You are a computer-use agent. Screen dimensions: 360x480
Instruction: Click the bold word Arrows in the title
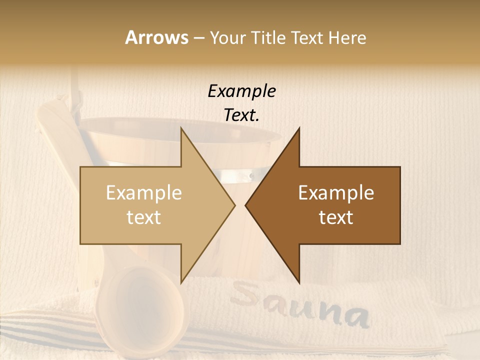click(x=156, y=37)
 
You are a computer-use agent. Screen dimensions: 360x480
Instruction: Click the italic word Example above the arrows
click(x=241, y=91)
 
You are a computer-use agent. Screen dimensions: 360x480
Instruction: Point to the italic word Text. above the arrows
click(x=241, y=115)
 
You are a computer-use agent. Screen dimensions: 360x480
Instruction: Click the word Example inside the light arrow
click(x=144, y=193)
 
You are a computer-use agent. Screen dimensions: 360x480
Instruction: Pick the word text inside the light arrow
click(x=144, y=217)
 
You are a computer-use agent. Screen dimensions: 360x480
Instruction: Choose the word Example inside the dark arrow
click(x=336, y=193)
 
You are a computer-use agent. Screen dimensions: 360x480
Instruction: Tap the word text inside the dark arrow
click(x=336, y=217)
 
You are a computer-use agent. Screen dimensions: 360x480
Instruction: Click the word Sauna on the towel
click(x=300, y=307)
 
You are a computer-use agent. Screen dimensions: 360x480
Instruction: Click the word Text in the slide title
click(x=307, y=37)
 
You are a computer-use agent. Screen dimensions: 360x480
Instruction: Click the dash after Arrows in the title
click(x=198, y=38)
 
